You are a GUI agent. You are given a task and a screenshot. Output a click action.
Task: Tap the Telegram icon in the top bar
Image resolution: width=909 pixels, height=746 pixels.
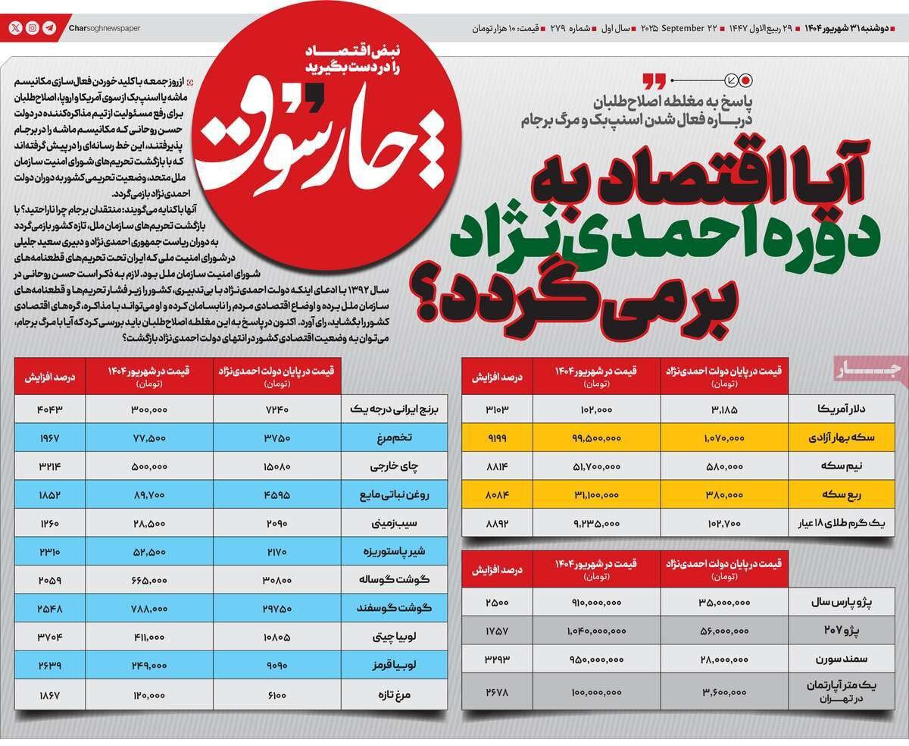point(49,27)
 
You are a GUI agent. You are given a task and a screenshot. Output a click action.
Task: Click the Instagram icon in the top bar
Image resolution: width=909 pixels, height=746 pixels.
point(33,27)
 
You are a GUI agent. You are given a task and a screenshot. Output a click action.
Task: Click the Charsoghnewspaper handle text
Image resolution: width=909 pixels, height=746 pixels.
point(104,28)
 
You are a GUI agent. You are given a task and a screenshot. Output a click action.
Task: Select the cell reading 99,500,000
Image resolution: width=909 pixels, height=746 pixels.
point(597,437)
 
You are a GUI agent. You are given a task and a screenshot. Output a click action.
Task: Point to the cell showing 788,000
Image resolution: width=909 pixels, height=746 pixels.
point(148,608)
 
